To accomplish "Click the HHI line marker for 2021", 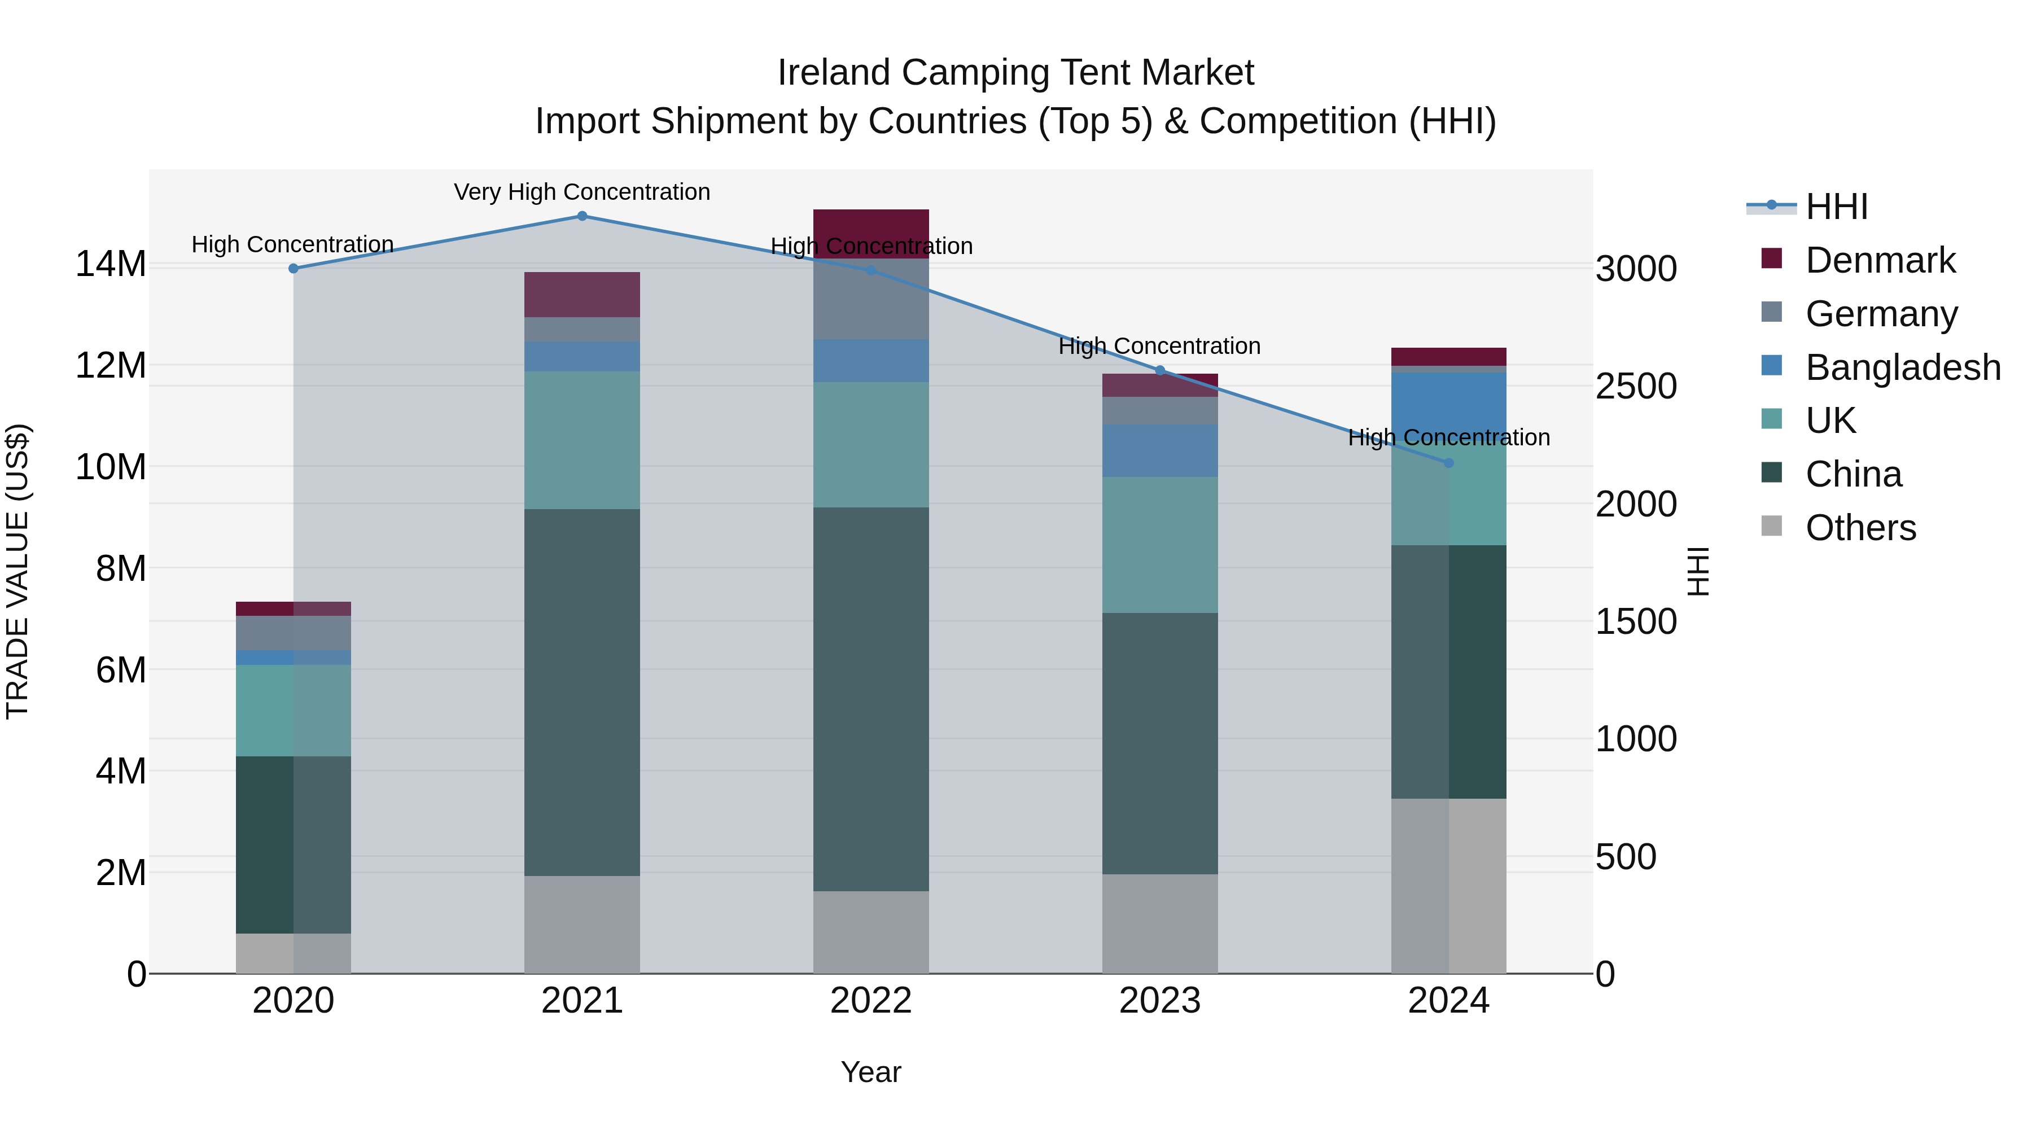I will (x=582, y=216).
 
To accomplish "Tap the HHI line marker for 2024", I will (x=1448, y=463).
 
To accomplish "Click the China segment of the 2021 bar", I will (x=582, y=692).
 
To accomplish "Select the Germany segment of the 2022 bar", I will (x=871, y=299).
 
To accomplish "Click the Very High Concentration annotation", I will (x=582, y=192).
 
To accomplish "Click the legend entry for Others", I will (x=1860, y=528).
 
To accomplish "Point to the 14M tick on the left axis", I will (x=111, y=264).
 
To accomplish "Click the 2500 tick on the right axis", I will (x=1636, y=387).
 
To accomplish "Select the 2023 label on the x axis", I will (x=1159, y=1001).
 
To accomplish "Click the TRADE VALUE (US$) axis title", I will (x=17, y=571).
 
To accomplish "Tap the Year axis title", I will (x=871, y=1072).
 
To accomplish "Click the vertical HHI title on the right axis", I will (x=1697, y=571).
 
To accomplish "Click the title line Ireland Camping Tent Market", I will (x=1015, y=73).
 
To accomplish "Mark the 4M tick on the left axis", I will (x=121, y=770).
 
